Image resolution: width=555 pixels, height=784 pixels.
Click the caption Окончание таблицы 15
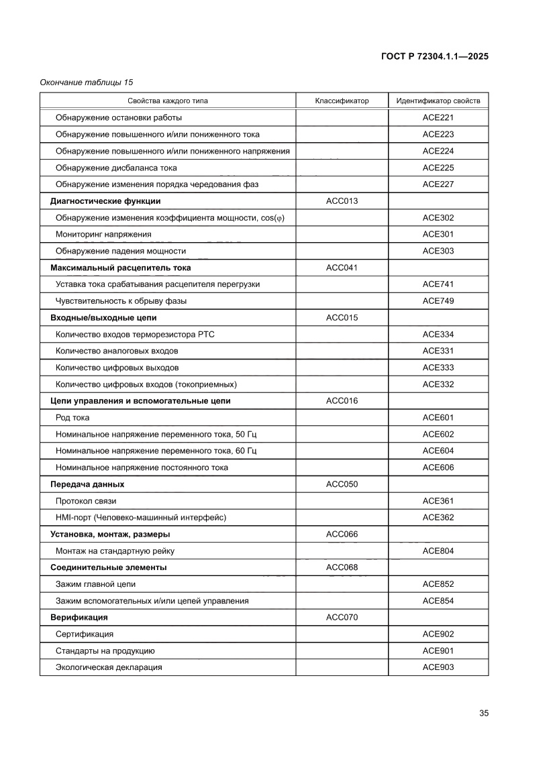pyautogui.click(x=87, y=82)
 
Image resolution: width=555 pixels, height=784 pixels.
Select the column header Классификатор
pyautogui.click(x=342, y=101)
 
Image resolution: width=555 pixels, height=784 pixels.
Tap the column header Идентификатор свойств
pyautogui.click(x=438, y=101)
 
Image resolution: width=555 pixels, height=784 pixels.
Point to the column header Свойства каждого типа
pyautogui.click(x=168, y=101)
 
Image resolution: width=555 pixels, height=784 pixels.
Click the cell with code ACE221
pyautogui.click(x=438, y=117)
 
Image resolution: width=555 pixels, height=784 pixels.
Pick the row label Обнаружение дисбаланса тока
pyautogui.click(x=116, y=168)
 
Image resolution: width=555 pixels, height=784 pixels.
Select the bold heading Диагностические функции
pyautogui.click(x=105, y=201)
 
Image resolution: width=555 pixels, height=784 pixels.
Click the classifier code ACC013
pyautogui.click(x=342, y=201)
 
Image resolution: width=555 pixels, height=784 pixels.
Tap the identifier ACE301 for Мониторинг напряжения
pyautogui.click(x=438, y=234)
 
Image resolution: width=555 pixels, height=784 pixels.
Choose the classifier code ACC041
pyautogui.click(x=342, y=268)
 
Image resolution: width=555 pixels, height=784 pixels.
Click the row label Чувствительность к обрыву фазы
pyautogui.click(x=121, y=301)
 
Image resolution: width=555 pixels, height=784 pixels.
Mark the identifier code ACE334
pyautogui.click(x=438, y=334)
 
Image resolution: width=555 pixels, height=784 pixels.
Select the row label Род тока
pyautogui.click(x=72, y=418)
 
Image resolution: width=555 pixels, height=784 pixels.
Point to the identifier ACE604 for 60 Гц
pyautogui.click(x=438, y=451)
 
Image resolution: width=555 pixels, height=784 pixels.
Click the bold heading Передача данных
pyautogui.click(x=87, y=484)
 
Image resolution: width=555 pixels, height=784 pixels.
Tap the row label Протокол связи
pyautogui.click(x=90, y=501)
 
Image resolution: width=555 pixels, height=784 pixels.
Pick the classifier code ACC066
pyautogui.click(x=342, y=535)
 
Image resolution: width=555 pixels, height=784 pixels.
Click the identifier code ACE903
pyautogui.click(x=438, y=667)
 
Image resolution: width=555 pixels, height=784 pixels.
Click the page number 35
pyautogui.click(x=483, y=713)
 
